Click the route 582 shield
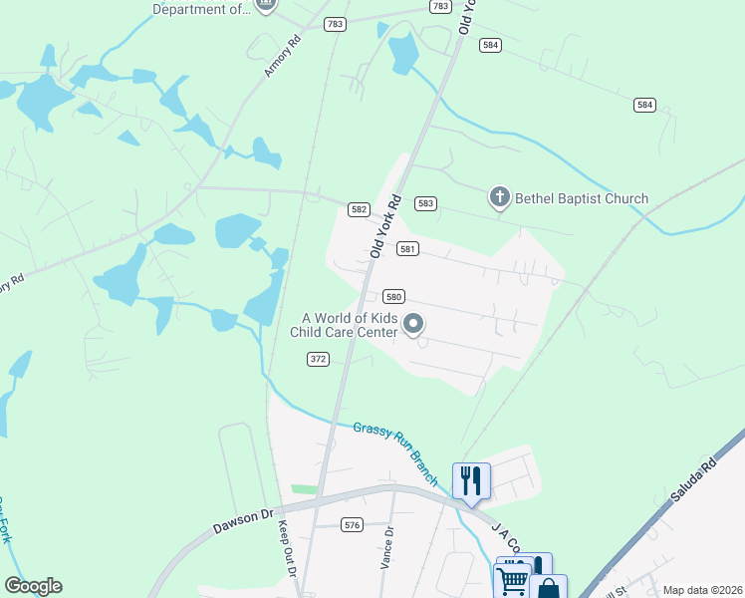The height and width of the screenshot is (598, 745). point(360,209)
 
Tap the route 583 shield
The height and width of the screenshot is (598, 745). point(426,203)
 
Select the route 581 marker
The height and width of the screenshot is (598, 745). point(407,249)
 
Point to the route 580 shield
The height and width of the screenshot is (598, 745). point(393,297)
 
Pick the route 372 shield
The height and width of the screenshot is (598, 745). point(318,359)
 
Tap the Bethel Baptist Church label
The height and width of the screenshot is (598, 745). point(582,198)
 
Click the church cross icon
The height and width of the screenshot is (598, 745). point(500,197)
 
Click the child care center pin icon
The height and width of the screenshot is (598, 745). point(413,325)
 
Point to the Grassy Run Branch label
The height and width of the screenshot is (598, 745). point(395,454)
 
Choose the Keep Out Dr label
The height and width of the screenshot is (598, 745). point(287,549)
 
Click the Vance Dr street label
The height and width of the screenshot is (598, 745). point(387,547)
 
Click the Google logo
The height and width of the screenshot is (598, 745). point(33,586)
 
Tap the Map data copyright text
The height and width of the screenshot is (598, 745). point(703,590)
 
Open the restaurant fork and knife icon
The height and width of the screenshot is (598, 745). point(471,480)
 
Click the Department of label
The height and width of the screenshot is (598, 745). point(202,9)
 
